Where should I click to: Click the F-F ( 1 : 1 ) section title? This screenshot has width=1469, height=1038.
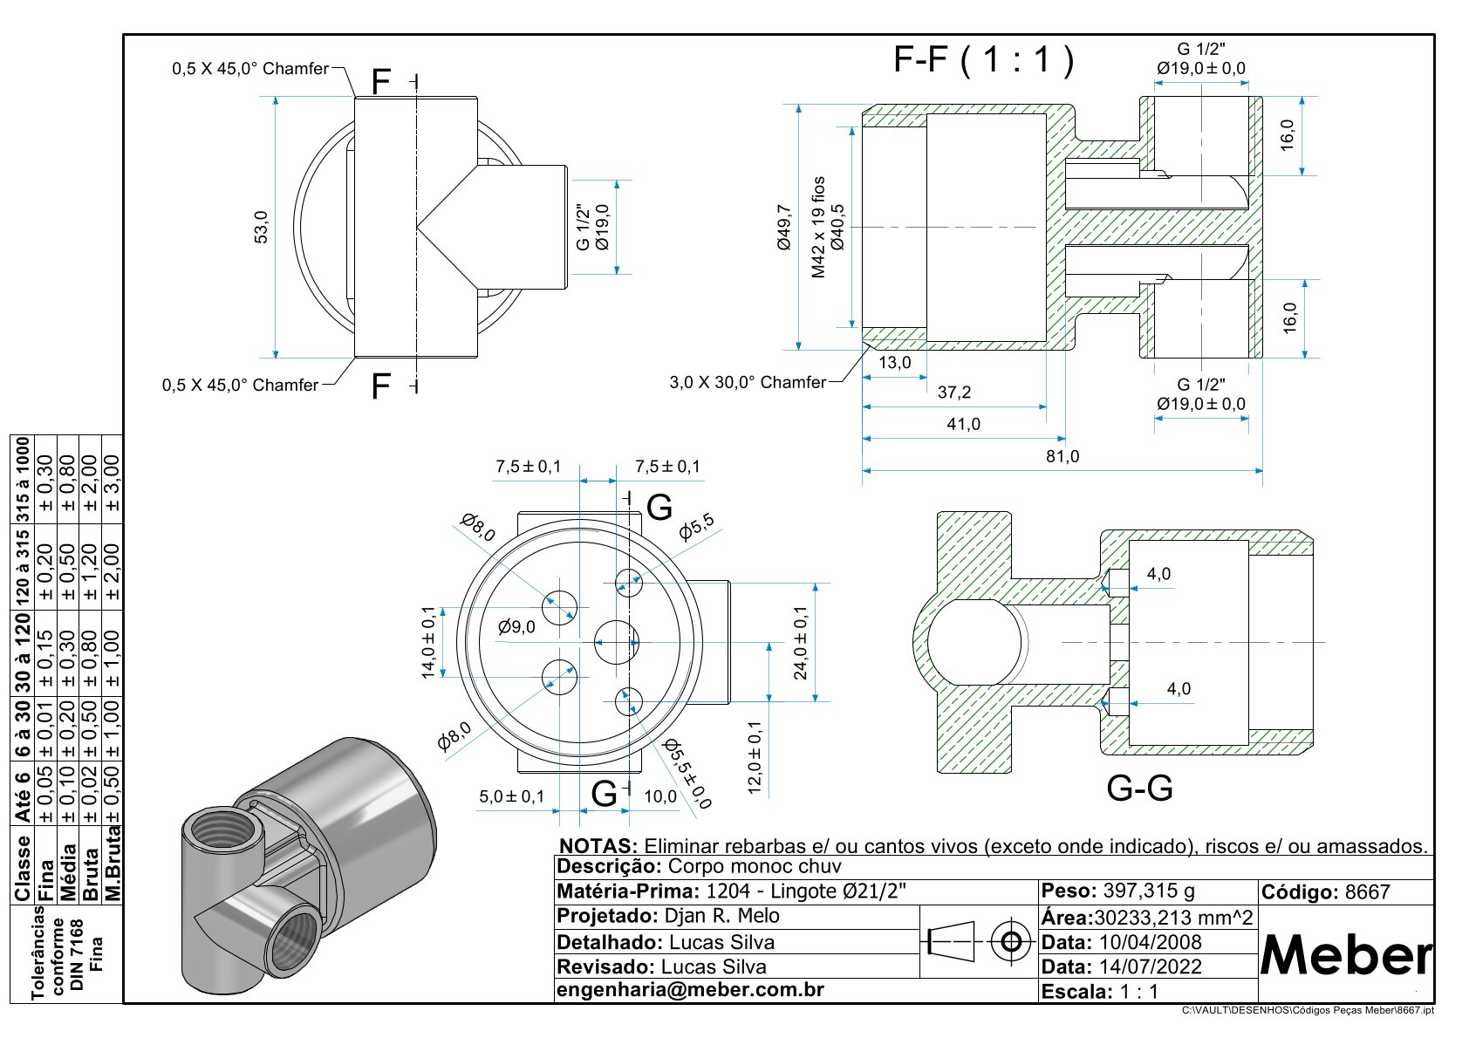pos(983,60)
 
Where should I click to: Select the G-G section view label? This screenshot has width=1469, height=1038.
pos(1139,789)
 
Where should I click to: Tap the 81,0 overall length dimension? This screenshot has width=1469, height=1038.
pos(1062,456)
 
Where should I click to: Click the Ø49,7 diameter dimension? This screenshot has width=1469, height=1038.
pos(783,228)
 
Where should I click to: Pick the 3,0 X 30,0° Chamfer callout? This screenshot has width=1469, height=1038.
pos(748,382)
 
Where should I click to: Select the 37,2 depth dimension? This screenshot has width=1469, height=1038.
pos(953,393)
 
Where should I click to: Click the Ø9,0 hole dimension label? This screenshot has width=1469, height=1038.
pos(516,626)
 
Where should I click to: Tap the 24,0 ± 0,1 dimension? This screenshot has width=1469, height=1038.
pos(800,643)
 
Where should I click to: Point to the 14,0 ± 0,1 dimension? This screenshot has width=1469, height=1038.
pos(428,642)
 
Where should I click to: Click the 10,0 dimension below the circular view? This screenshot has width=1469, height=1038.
pos(660,796)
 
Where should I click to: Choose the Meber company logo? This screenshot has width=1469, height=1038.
pos(1346,956)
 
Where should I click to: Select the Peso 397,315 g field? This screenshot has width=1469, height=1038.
pos(1117,891)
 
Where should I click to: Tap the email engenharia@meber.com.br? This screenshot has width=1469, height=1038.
pos(690,990)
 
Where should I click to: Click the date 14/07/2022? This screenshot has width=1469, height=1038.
pos(1150,966)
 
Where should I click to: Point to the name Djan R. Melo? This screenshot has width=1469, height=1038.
pos(721,916)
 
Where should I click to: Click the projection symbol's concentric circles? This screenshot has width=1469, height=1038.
pos(1012,941)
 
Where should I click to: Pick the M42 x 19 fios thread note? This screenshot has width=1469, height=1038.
pos(818,228)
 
